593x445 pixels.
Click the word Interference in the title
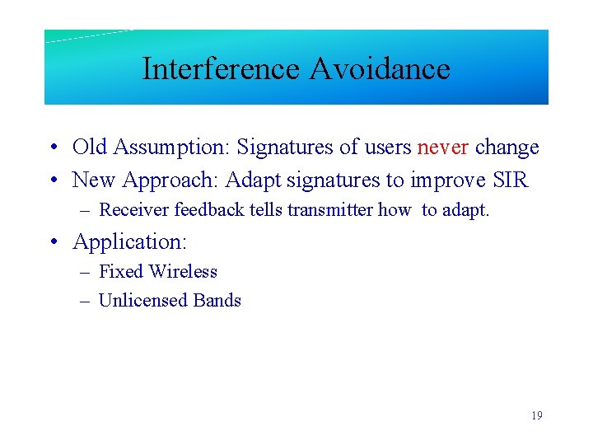click(x=222, y=68)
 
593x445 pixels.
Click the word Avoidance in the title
click(x=380, y=68)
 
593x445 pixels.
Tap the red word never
click(x=443, y=148)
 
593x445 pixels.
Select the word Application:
click(x=130, y=241)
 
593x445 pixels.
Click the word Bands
click(x=217, y=300)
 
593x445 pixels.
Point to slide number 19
click(x=536, y=416)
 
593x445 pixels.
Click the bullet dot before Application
click(x=53, y=242)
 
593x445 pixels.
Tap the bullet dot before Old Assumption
click(x=53, y=148)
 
